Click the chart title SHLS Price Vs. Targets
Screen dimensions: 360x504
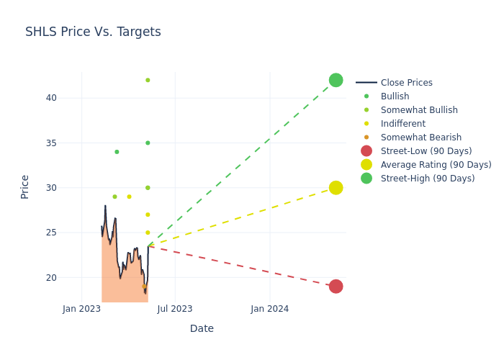pos(93,32)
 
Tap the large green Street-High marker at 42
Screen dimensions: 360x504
pos(336,80)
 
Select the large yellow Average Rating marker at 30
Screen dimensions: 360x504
pos(336,188)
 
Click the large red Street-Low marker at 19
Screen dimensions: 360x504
pos(336,287)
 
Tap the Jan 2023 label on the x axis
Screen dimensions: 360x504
pos(81,309)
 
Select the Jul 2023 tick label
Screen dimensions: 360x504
pos(175,309)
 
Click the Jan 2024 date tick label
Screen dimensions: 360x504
pos(270,309)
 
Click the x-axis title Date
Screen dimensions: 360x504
pos(202,328)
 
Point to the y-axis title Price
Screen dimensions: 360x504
pos(25,186)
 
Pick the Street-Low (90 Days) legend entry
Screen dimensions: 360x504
pos(426,151)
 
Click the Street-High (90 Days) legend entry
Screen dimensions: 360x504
pos(428,179)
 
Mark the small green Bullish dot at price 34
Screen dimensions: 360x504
pos(117,152)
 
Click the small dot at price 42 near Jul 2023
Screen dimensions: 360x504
pos(148,80)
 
